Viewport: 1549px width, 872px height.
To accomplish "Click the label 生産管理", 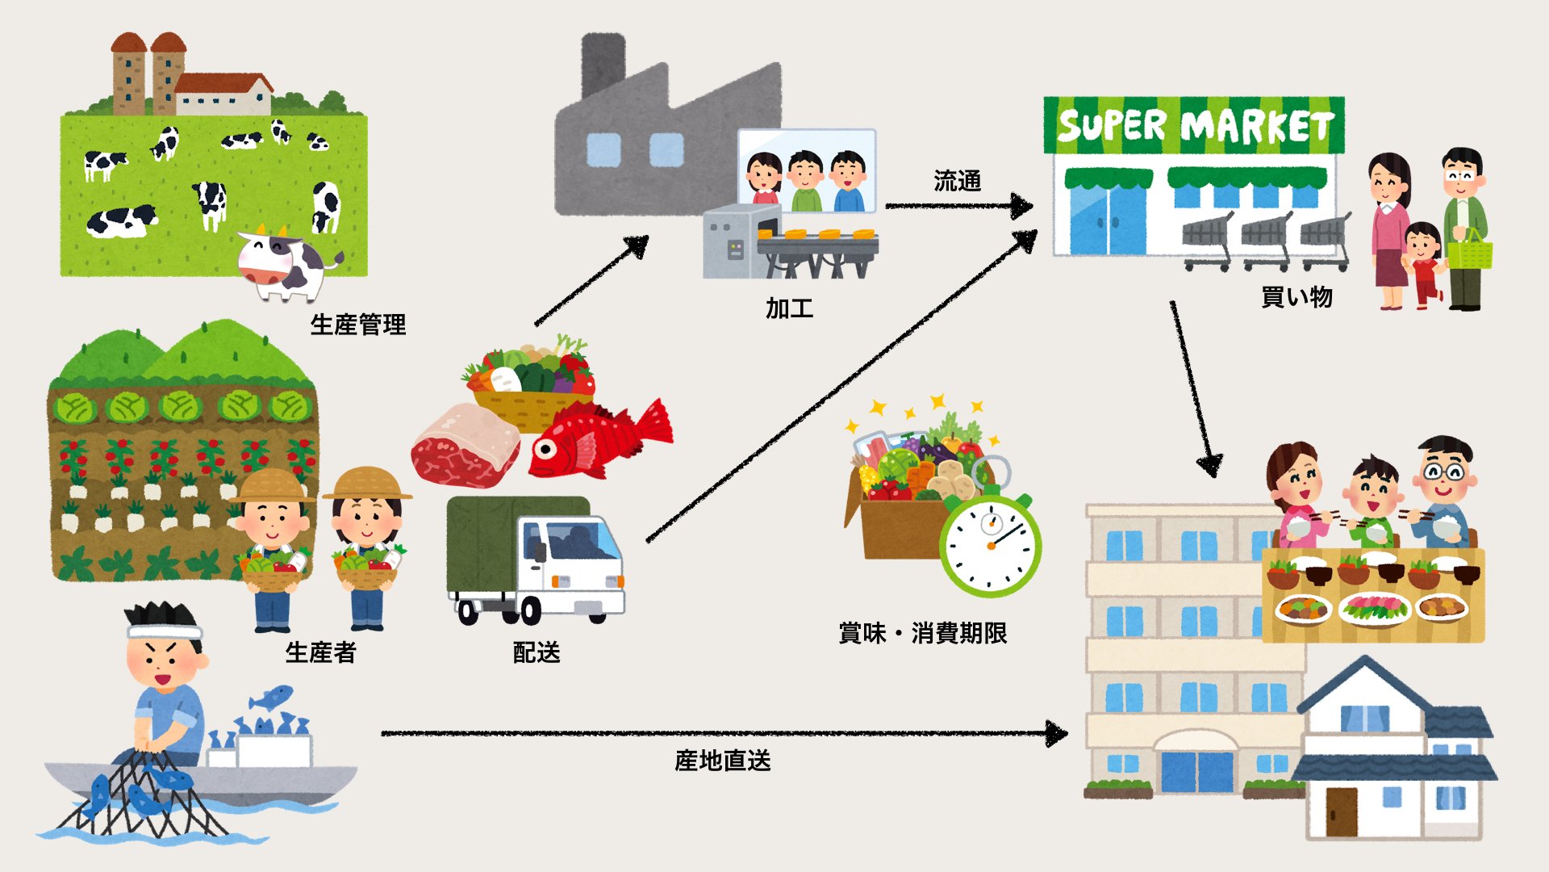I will [x=357, y=325].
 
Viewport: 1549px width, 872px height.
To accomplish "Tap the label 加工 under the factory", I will [x=789, y=308].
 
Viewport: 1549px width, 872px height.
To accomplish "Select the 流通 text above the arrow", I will [x=957, y=181].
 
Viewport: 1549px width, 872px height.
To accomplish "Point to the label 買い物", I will [x=1296, y=297].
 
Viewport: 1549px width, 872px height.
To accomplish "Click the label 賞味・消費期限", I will [x=923, y=633].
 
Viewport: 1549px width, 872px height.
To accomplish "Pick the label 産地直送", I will [x=722, y=761].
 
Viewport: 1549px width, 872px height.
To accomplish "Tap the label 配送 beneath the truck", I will [x=537, y=652].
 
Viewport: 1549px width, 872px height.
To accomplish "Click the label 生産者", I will [x=320, y=652].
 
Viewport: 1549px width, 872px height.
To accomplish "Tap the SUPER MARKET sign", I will [x=1194, y=126].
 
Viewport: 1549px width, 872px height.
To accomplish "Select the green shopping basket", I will [x=1469, y=252].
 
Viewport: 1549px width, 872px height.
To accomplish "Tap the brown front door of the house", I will [x=1342, y=811].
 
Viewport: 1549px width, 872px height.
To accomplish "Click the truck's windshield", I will [x=579, y=542].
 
